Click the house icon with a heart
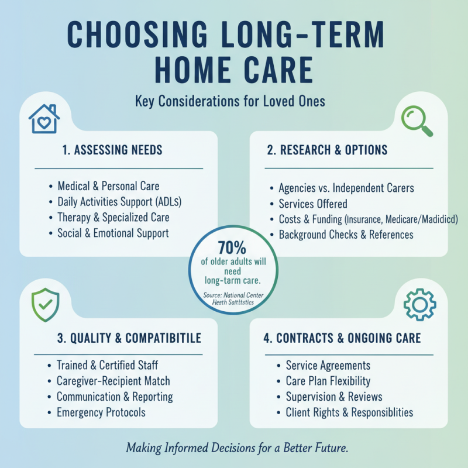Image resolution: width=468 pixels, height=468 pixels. pyautogui.click(x=44, y=119)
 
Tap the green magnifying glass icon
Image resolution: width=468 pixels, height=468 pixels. pyautogui.click(x=417, y=119)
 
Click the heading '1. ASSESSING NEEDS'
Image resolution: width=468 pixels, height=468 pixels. pyautogui.click(x=112, y=150)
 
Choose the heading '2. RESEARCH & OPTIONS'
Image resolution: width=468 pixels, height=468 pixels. pyautogui.click(x=327, y=150)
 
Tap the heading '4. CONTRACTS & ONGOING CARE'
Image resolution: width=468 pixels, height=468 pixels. pyautogui.click(x=340, y=338)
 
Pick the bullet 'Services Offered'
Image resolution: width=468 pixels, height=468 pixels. pyautogui.click(x=313, y=204)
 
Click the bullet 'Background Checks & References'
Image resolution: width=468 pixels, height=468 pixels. pyautogui.click(x=346, y=235)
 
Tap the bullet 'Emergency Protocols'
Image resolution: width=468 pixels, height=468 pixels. pyautogui.click(x=101, y=412)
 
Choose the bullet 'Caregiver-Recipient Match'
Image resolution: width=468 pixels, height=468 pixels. pyautogui.click(x=113, y=381)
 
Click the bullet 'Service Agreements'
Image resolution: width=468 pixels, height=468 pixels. pyautogui.click(x=328, y=366)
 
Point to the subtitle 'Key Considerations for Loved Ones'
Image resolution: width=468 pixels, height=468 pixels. pyautogui.click(x=230, y=101)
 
